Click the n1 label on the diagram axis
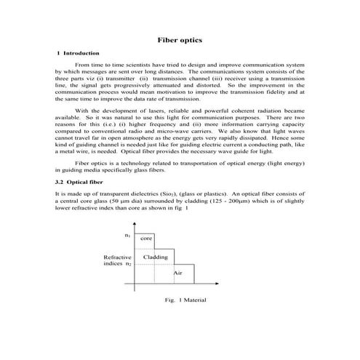click(128, 236)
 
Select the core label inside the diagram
click(146, 239)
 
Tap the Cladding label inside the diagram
click(156, 257)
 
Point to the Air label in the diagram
click(177, 272)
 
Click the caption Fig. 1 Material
click(186, 300)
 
